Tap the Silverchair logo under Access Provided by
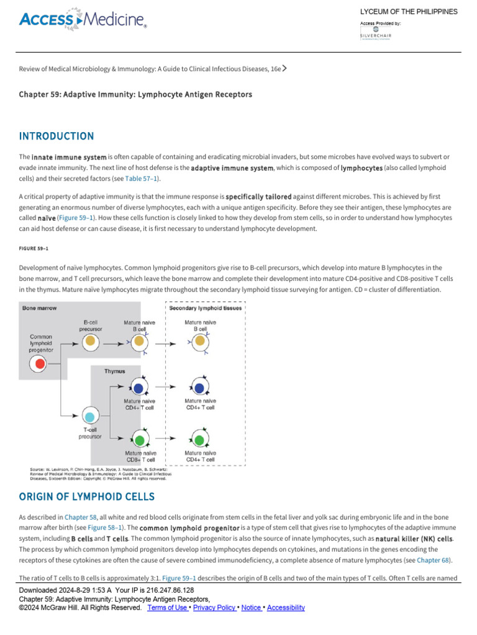[376, 33]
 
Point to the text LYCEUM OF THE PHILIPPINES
[409, 12]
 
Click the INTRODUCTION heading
[57, 136]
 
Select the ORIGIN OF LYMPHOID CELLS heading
[86, 497]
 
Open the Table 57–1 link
[142, 179]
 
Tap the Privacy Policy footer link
[214, 608]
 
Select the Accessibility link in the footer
[286, 608]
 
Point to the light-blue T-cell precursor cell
[90, 416]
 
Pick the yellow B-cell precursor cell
[90, 340]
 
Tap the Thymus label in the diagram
[114, 371]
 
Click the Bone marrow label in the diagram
[38, 308]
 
